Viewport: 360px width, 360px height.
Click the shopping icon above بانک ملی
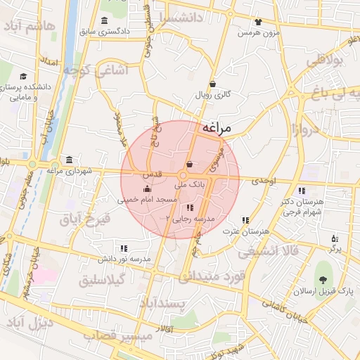(x=189, y=165)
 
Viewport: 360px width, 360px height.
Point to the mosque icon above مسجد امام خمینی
(x=147, y=188)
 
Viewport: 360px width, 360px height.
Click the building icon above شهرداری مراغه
(x=69, y=159)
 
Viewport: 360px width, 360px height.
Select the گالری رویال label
(x=213, y=94)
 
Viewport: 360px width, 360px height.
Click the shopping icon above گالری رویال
(x=213, y=82)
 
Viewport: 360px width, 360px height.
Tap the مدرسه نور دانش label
(x=124, y=259)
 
